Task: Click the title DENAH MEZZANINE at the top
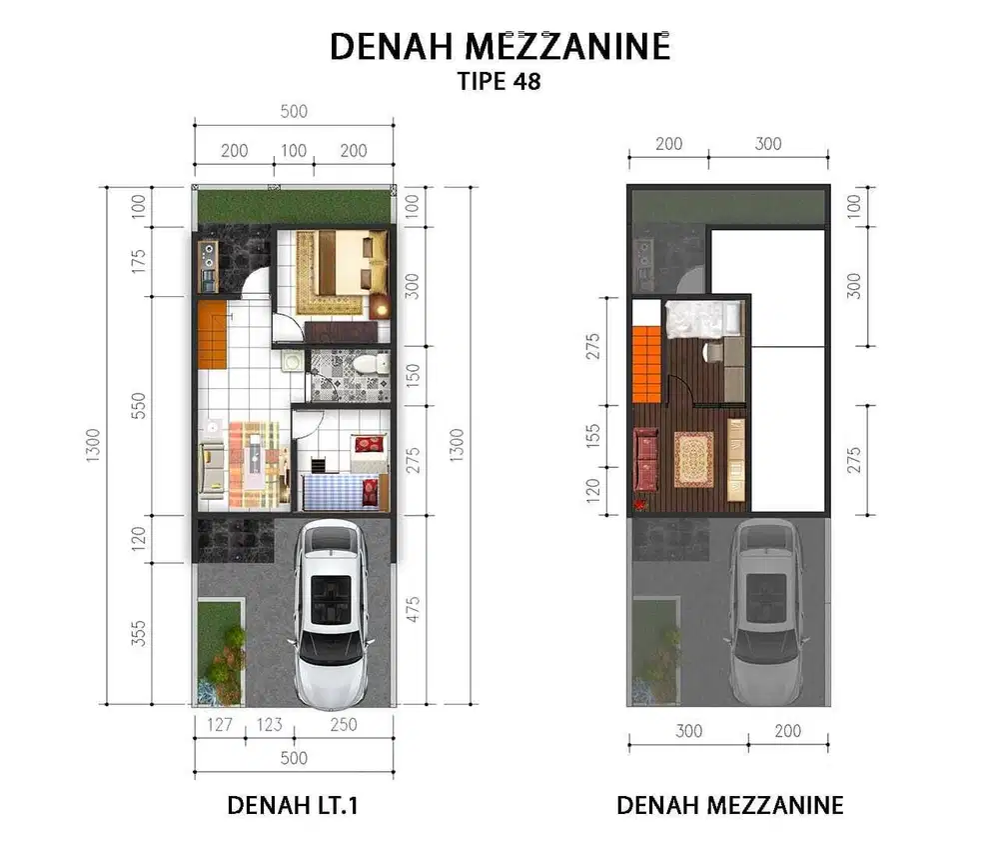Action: click(x=499, y=46)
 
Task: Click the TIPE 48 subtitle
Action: click(x=499, y=81)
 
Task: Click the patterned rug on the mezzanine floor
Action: click(x=693, y=458)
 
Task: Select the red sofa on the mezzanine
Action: click(x=645, y=462)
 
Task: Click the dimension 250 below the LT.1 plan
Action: click(x=343, y=725)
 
